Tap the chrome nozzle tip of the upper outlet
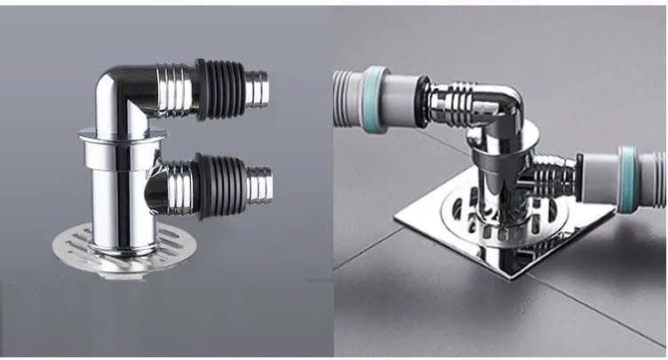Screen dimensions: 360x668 coord(256,89)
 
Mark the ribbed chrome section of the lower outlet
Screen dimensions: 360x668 coord(179,185)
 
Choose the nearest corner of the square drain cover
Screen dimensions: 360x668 coord(507,276)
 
